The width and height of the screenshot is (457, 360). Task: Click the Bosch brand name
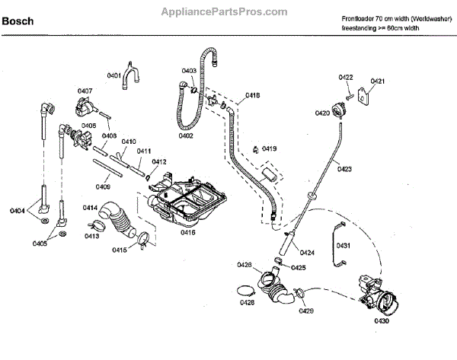(18, 21)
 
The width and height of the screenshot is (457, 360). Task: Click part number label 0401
(115, 75)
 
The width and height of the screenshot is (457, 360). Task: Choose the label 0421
(377, 81)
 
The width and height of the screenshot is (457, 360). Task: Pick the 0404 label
(18, 209)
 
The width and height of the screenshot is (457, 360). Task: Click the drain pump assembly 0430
(377, 293)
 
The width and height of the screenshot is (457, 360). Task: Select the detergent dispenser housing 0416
(183, 202)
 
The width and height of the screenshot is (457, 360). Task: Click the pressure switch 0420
(339, 110)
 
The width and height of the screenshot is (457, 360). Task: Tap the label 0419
(269, 148)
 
